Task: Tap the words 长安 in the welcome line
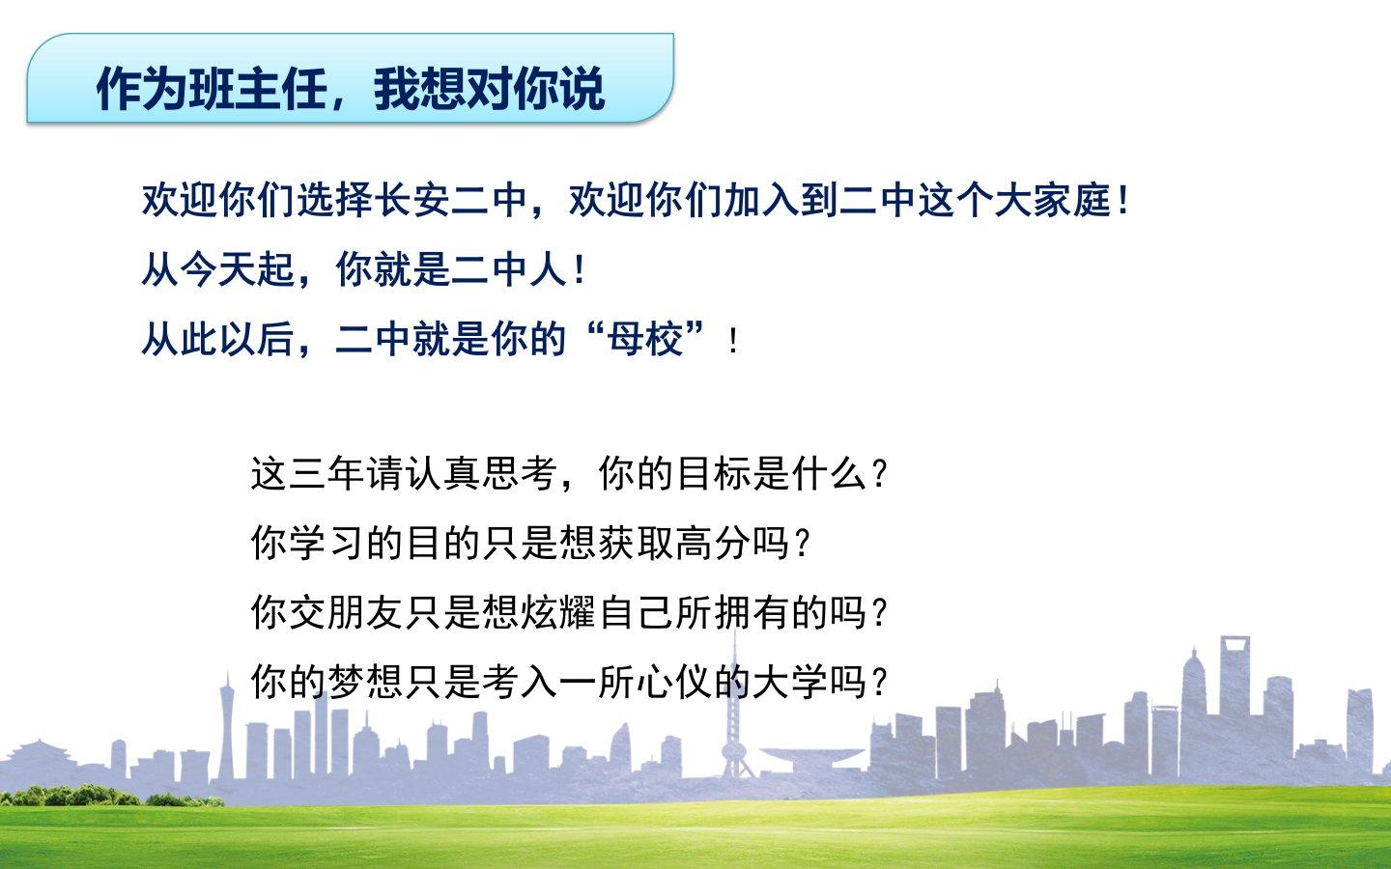click(x=412, y=201)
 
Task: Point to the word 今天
click(x=218, y=269)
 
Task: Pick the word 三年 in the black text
click(x=326, y=473)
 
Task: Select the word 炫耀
click(x=559, y=612)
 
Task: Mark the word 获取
click(x=637, y=543)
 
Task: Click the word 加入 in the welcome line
click(x=761, y=201)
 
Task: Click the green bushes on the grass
click(x=112, y=796)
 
